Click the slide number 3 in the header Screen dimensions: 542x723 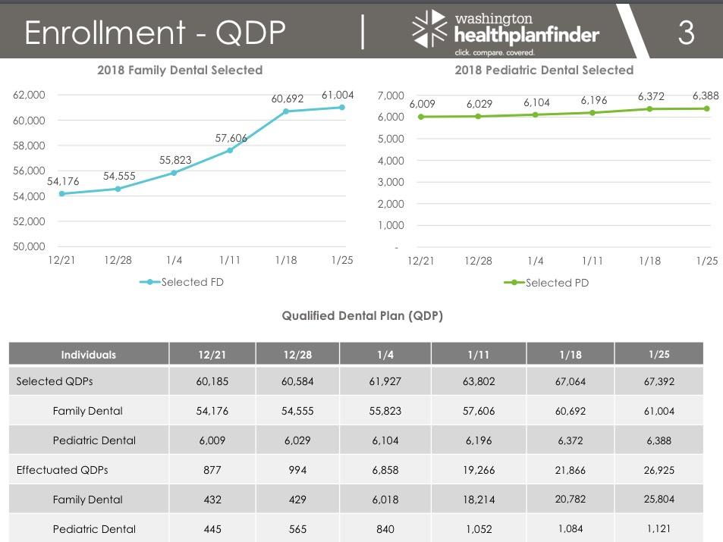[x=686, y=33]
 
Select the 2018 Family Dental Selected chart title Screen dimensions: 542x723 [x=180, y=70]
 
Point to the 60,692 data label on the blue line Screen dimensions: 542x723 [x=288, y=99]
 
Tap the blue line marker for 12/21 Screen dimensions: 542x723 [x=61, y=193]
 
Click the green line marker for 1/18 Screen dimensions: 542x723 [x=649, y=109]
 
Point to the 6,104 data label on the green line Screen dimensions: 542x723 [x=536, y=102]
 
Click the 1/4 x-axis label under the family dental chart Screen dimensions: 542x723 [x=174, y=260]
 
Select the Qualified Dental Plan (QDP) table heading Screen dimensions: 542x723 [x=362, y=315]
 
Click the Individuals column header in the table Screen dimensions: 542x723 [x=89, y=354]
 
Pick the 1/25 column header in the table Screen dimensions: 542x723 [x=659, y=354]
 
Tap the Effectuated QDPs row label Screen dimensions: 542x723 [x=62, y=470]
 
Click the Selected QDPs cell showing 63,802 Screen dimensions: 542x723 [x=479, y=381]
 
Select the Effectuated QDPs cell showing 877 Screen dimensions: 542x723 [x=212, y=470]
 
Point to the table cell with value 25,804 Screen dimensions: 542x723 [x=659, y=500]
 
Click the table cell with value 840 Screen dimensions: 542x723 [x=385, y=529]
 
